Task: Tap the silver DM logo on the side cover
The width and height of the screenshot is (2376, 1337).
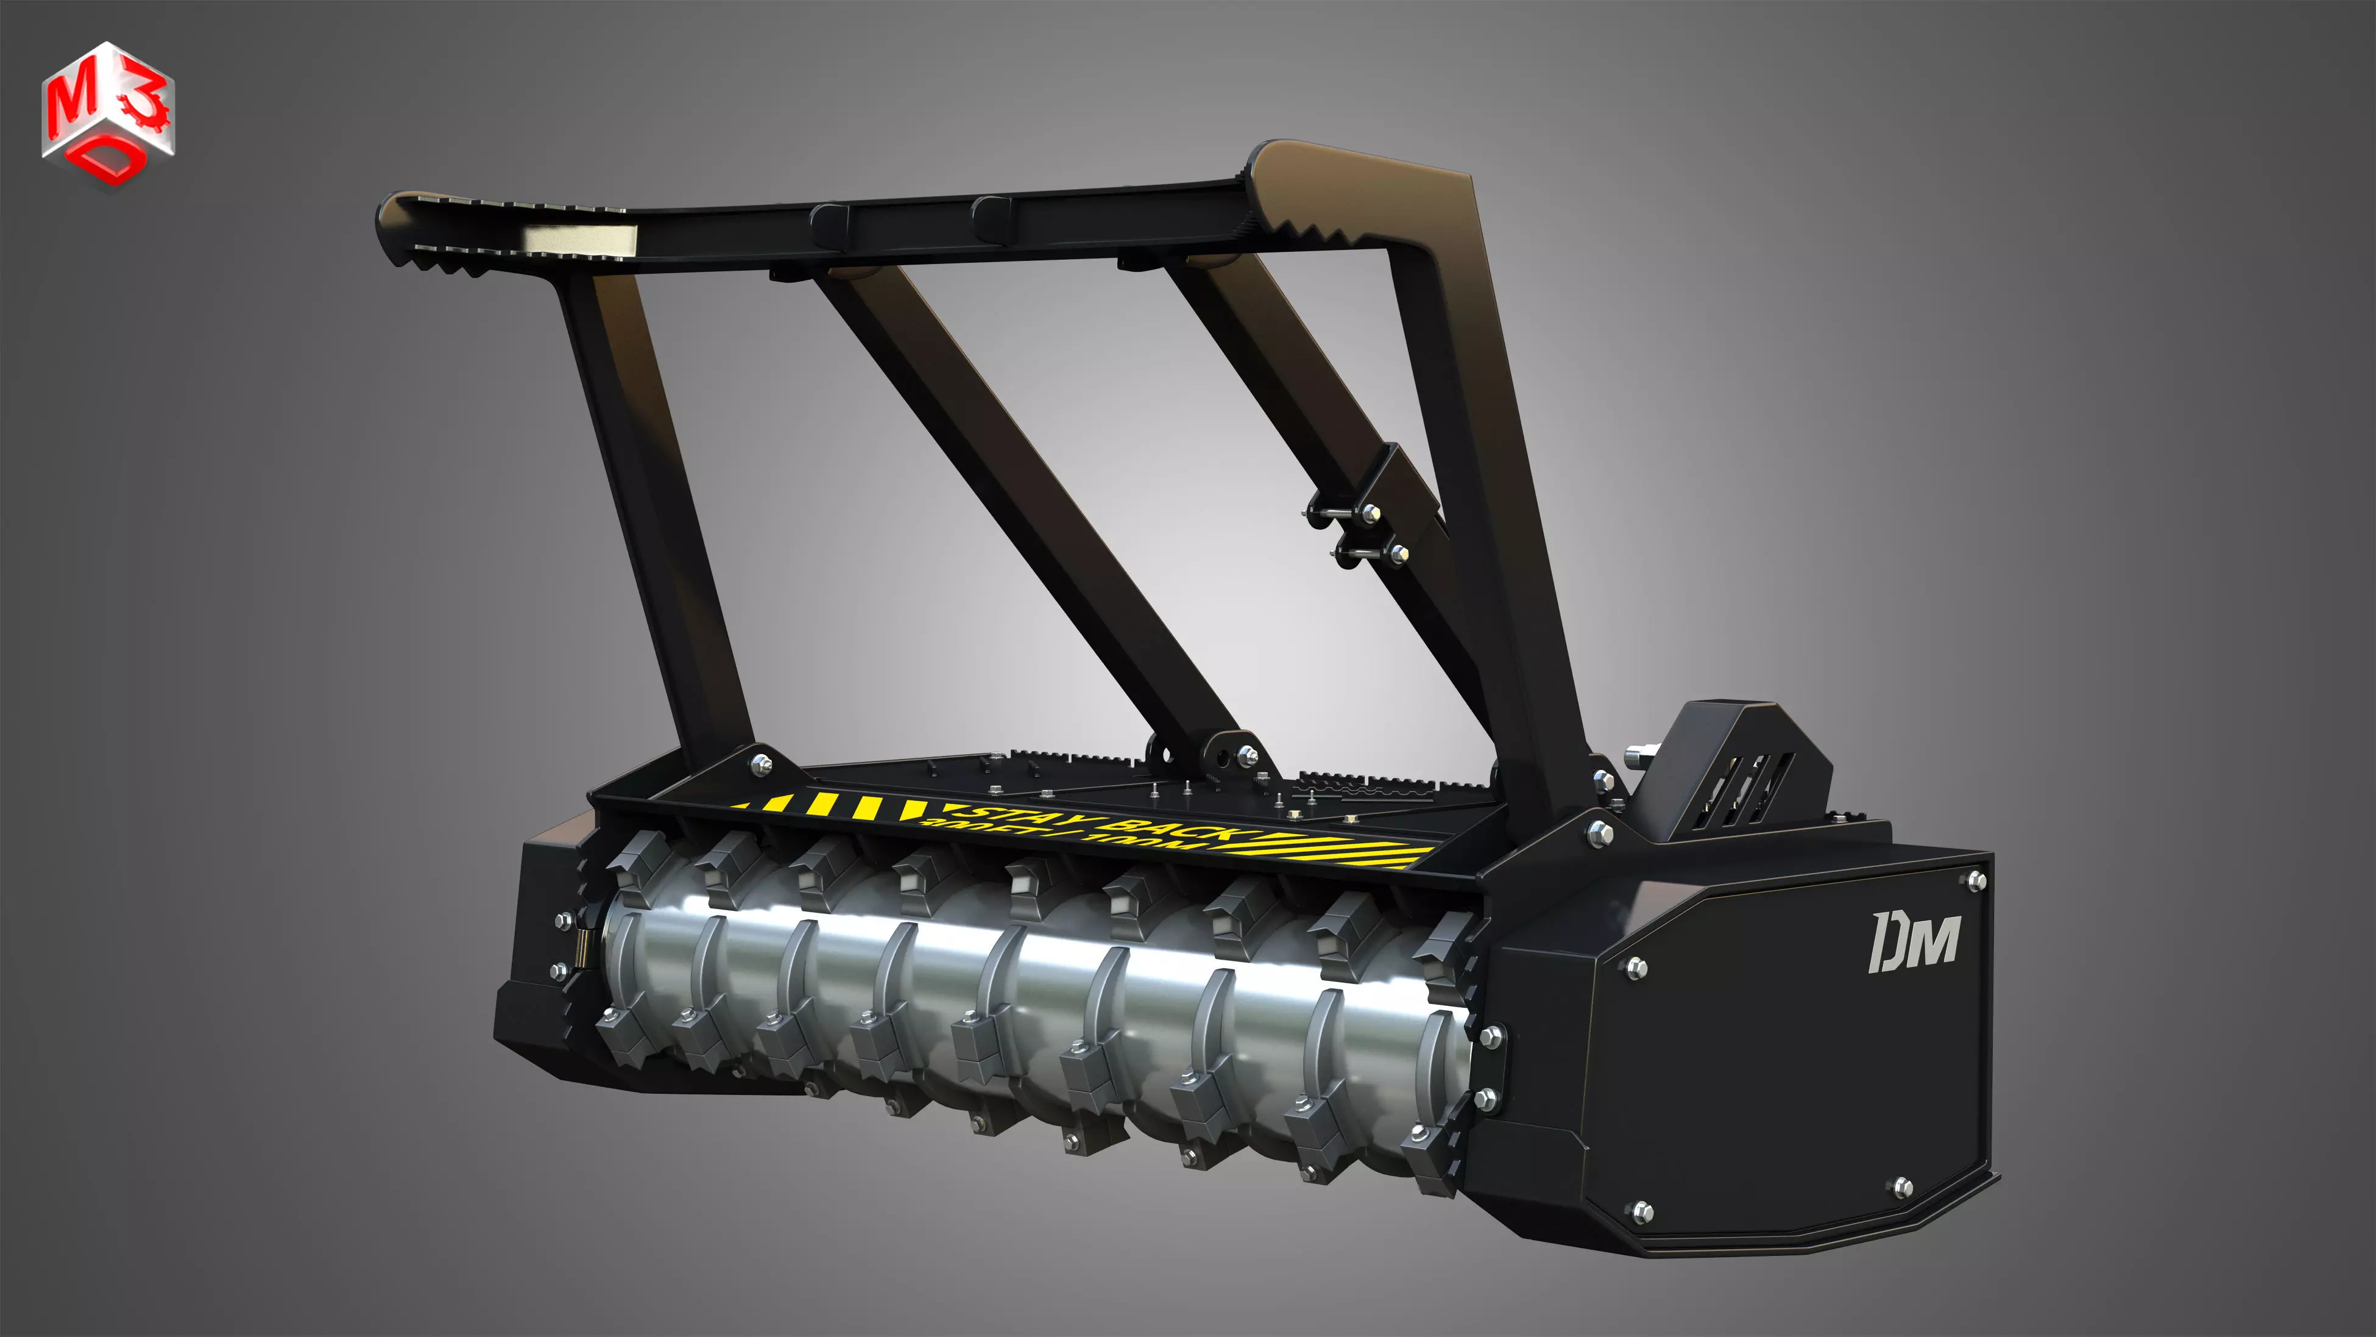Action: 1915,942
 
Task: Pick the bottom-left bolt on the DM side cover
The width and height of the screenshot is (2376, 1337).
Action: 1642,1210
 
